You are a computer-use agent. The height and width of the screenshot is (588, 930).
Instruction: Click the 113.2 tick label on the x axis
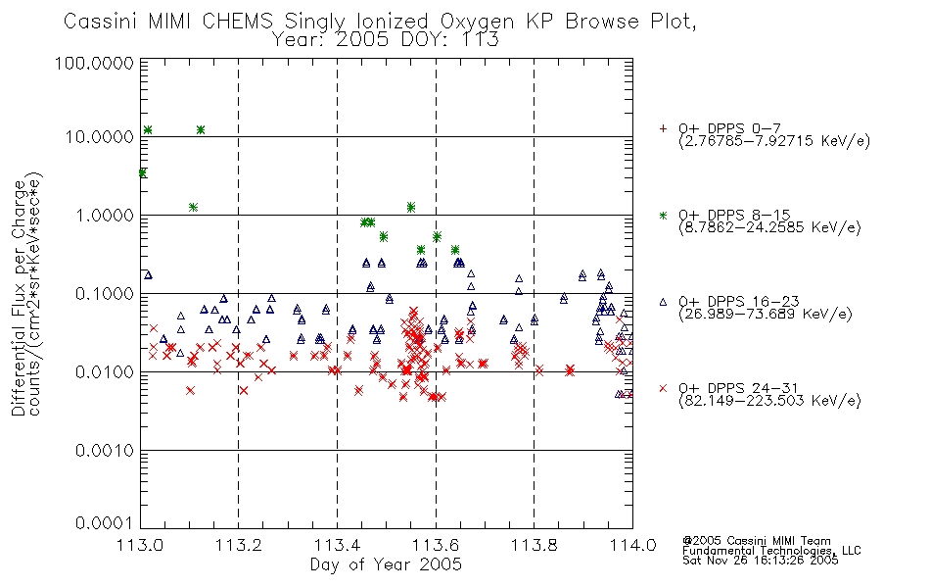[239, 545]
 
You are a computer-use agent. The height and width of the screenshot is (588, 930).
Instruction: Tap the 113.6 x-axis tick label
[436, 545]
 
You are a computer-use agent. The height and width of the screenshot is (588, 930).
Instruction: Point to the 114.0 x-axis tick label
[632, 545]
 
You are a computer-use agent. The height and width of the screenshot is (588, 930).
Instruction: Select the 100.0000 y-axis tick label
[95, 63]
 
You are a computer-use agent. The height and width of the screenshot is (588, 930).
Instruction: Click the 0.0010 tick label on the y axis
[105, 451]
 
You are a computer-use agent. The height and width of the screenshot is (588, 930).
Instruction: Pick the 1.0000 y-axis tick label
[105, 215]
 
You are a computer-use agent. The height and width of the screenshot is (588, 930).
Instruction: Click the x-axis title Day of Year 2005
[386, 564]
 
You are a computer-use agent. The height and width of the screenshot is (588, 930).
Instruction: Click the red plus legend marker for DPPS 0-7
[663, 128]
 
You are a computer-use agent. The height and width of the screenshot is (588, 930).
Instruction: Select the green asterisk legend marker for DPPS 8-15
[663, 215]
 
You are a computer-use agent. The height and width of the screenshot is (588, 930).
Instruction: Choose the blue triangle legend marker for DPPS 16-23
[663, 302]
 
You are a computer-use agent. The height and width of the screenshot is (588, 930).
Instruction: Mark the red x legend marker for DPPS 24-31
[663, 388]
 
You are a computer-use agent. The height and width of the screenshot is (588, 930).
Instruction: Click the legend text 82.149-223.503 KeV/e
[769, 401]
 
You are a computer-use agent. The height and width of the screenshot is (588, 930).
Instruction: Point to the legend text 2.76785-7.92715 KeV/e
[774, 141]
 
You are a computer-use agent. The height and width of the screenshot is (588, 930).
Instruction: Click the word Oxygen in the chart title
[477, 22]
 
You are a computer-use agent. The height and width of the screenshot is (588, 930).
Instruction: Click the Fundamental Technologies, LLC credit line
[771, 551]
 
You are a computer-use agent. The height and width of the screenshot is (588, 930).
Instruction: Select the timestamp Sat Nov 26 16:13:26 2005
[761, 561]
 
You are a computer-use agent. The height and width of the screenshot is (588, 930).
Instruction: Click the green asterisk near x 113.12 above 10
[201, 129]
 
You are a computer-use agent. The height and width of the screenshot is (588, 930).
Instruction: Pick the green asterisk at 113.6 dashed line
[438, 236]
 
